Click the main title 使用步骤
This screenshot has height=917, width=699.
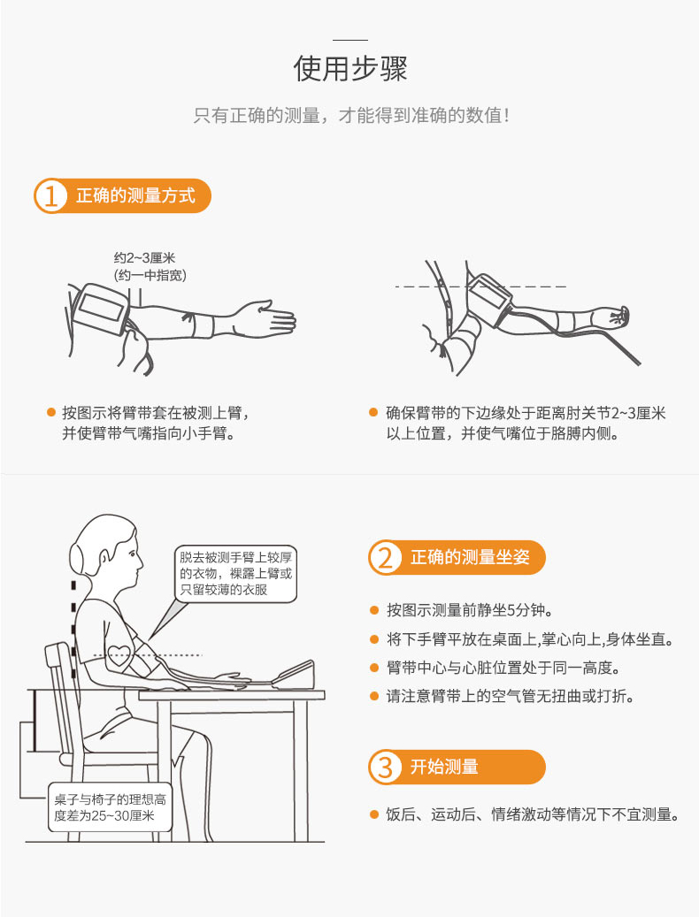click(x=349, y=69)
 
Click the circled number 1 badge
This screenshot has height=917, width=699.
click(x=51, y=196)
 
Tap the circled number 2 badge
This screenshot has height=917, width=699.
click(x=385, y=557)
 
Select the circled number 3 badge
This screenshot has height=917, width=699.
click(x=385, y=767)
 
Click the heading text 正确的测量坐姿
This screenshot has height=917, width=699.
click(x=470, y=557)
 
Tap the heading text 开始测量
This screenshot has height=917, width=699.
click(x=444, y=767)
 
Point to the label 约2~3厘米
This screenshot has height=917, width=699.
click(x=144, y=258)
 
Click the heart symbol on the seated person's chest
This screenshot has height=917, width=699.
click(x=120, y=655)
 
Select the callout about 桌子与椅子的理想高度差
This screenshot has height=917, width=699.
click(x=110, y=807)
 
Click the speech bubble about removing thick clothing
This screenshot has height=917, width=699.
click(x=235, y=574)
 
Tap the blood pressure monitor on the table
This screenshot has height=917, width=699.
click(x=293, y=676)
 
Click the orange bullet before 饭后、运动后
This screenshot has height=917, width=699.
click(x=374, y=814)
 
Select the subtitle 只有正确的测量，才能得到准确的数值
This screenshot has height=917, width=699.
click(x=351, y=115)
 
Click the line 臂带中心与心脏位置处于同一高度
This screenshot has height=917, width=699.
click(x=503, y=668)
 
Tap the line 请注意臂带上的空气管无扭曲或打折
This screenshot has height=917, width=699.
click(x=511, y=696)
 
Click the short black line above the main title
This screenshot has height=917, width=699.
click(x=349, y=40)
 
